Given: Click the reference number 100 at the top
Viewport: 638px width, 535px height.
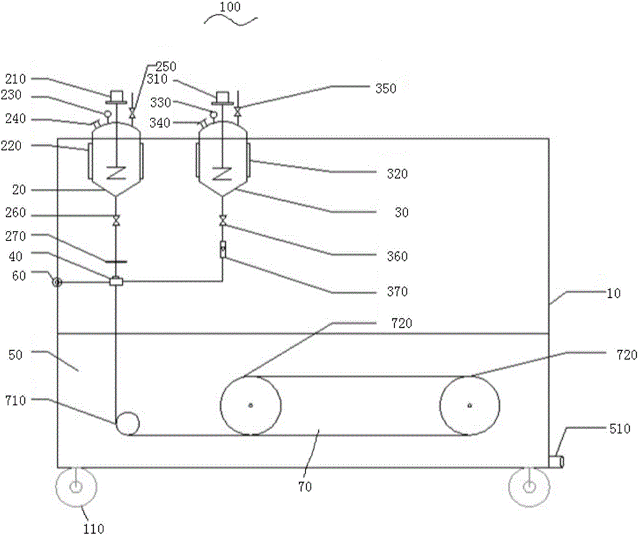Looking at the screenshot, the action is tap(230, 7).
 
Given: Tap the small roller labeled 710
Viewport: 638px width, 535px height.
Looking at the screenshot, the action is tap(128, 423).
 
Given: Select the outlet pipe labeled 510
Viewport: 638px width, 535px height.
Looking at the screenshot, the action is tap(556, 462).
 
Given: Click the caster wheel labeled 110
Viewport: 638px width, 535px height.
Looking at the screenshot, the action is tap(76, 487).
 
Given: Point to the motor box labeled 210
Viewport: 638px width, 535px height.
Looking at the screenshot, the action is tap(117, 96).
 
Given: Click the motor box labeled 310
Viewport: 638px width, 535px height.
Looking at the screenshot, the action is tap(223, 97).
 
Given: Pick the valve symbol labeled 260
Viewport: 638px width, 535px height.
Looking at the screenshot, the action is tap(116, 221).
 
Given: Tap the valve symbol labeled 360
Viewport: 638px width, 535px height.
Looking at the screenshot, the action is tap(223, 221).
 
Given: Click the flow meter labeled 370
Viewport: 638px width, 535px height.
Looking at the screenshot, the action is tap(223, 249).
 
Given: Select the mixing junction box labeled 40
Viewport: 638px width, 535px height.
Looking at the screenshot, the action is tap(116, 281).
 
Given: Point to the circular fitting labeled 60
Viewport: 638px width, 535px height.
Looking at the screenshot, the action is tap(57, 282).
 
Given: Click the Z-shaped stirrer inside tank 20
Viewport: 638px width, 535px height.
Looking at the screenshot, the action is tap(116, 173).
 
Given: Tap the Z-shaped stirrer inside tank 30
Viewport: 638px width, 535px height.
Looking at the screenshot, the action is tap(222, 173).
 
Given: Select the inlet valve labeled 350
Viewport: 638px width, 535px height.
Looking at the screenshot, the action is tap(237, 111).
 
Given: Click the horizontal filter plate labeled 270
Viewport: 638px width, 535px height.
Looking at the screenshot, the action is tap(116, 262).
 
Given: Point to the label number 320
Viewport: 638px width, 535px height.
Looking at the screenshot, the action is tap(397, 173).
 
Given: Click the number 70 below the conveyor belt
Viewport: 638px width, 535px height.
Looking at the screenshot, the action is tap(305, 487).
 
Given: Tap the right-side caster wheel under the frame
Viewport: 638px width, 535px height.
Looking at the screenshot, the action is tap(529, 487).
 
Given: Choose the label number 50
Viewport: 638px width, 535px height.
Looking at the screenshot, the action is tap(15, 355).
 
